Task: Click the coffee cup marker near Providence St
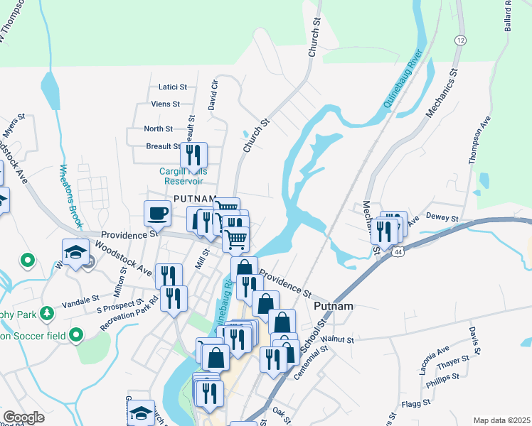pyautogui.click(x=157, y=212)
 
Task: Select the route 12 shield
pyautogui.click(x=461, y=40)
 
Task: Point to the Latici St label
pyautogui.click(x=173, y=87)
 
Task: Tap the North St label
pyautogui.click(x=158, y=129)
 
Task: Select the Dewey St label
pyautogui.click(x=442, y=218)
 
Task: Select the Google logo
pyautogui.click(x=23, y=417)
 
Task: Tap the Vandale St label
pyautogui.click(x=79, y=303)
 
